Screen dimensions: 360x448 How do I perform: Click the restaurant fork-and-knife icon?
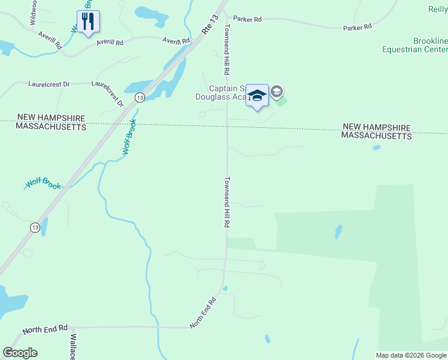[89, 22]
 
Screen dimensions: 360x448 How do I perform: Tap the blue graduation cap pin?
[258, 96]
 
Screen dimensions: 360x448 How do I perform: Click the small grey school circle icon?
[277, 92]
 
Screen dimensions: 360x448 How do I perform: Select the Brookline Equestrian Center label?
[415, 45]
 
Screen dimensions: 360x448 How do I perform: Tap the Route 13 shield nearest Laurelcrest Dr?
[139, 97]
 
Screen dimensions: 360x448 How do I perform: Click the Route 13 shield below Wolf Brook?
[35, 227]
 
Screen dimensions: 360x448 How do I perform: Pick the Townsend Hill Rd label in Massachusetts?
[228, 202]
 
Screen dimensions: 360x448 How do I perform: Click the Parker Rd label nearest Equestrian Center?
[358, 27]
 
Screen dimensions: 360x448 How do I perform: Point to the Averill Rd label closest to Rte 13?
[176, 40]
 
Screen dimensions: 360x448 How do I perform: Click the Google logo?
[20, 353]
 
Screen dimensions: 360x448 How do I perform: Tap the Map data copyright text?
[411, 355]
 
